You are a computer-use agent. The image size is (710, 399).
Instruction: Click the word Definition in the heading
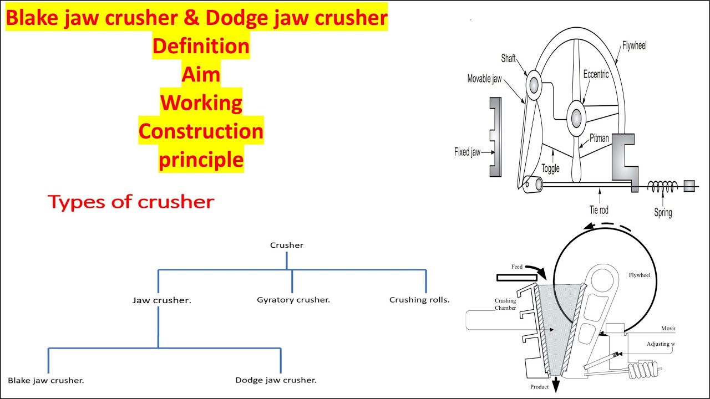coord(201,46)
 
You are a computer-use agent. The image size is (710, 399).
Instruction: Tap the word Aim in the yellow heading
coord(201,74)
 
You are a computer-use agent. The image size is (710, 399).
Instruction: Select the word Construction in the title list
coord(201,131)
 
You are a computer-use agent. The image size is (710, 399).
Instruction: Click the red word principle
coord(201,160)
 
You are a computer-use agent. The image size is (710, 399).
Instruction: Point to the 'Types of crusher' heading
coord(131,202)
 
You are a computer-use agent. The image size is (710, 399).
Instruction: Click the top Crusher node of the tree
coord(286,245)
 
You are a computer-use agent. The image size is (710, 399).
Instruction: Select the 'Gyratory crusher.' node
coord(293,300)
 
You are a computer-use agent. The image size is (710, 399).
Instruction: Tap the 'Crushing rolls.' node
coord(419,300)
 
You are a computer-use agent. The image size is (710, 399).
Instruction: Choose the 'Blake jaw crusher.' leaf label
coord(46,380)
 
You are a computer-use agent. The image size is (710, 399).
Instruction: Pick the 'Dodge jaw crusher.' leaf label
coord(276,380)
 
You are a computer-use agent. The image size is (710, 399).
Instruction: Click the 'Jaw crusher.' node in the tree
coord(161,300)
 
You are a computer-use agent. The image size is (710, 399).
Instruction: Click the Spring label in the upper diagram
coord(663,212)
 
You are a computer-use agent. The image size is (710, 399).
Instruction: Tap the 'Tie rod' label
coord(600,209)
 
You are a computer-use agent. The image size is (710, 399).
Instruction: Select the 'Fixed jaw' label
coord(467,152)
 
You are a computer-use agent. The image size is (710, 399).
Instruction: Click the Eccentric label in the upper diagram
coord(596,74)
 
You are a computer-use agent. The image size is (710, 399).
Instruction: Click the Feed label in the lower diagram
coord(517,267)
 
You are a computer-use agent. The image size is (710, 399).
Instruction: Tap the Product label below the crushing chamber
coord(539,387)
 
